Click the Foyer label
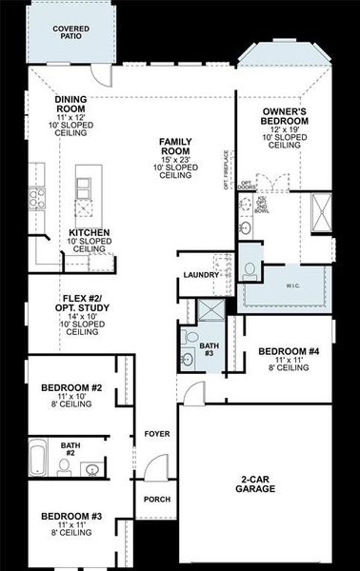click(x=157, y=434)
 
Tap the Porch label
click(x=156, y=499)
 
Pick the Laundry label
click(x=201, y=275)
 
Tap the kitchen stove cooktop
click(x=37, y=197)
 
